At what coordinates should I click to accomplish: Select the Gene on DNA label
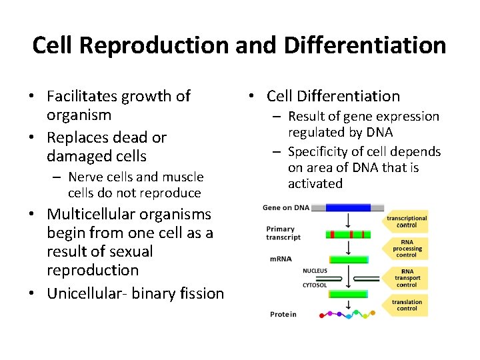(x=286, y=207)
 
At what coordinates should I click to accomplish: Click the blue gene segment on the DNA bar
(x=349, y=207)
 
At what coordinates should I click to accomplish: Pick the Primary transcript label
(x=283, y=233)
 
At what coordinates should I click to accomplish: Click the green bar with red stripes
(x=349, y=234)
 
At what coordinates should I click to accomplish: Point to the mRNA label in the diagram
(x=280, y=259)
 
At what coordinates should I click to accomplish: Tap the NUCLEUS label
(x=315, y=271)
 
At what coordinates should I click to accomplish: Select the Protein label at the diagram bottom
(x=283, y=314)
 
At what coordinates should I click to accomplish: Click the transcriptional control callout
(x=407, y=222)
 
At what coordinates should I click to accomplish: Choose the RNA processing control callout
(x=407, y=248)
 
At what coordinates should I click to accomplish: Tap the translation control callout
(x=407, y=305)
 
